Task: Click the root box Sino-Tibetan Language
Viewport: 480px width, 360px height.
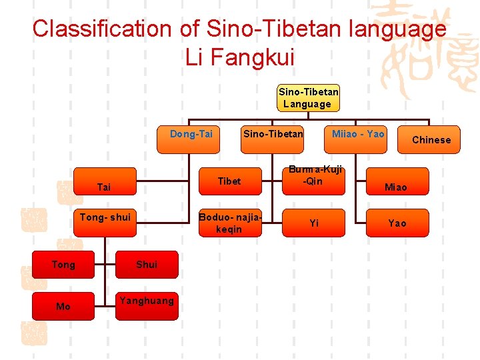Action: pos(308,98)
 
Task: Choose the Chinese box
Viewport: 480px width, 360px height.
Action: pos(431,139)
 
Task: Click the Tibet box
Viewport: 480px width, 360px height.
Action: pos(229,181)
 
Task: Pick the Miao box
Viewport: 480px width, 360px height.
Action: pos(395,187)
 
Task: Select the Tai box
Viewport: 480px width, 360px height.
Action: pos(104,187)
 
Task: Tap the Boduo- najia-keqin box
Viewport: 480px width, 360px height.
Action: pos(229,223)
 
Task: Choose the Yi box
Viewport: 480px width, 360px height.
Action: pos(314,223)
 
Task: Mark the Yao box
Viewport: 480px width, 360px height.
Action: pos(397,223)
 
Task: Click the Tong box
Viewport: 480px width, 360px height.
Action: pos(63,265)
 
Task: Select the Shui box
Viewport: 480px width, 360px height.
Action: pos(147,265)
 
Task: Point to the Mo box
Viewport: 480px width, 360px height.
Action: pos(63,307)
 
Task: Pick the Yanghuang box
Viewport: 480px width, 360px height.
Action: pos(147,301)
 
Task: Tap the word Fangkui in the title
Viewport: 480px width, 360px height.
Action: pos(256,57)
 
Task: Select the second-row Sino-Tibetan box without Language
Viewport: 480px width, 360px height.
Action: pos(273,134)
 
